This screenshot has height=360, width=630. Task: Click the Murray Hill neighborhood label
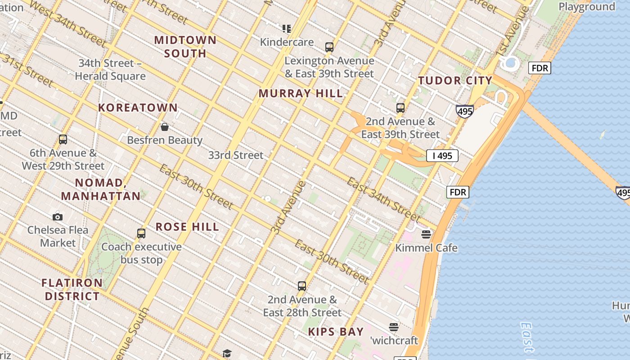[301, 94]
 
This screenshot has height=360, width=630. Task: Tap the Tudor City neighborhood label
[455, 81]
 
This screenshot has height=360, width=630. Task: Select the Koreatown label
[138, 108]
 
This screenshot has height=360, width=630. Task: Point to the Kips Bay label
[336, 332]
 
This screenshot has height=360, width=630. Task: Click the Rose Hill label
[187, 226]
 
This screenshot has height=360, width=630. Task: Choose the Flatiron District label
[72, 289]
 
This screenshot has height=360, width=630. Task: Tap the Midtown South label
[185, 46]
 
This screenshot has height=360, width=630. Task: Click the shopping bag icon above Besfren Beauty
[165, 127]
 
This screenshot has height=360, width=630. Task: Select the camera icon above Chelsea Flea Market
[57, 217]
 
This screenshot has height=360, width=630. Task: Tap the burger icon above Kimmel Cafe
[426, 234]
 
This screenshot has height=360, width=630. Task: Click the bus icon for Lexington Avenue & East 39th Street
[329, 47]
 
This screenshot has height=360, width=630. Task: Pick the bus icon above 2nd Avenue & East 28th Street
[302, 286]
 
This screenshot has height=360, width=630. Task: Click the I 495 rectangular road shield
[442, 156]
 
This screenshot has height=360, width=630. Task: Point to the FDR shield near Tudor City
[540, 68]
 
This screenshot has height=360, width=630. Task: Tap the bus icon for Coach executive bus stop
[141, 234]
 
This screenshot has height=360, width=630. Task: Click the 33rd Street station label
[235, 155]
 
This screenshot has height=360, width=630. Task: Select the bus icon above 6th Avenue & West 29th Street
[63, 139]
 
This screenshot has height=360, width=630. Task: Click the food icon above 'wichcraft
[394, 327]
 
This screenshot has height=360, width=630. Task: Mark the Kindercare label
[287, 42]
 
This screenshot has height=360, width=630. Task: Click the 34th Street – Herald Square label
[110, 69]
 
